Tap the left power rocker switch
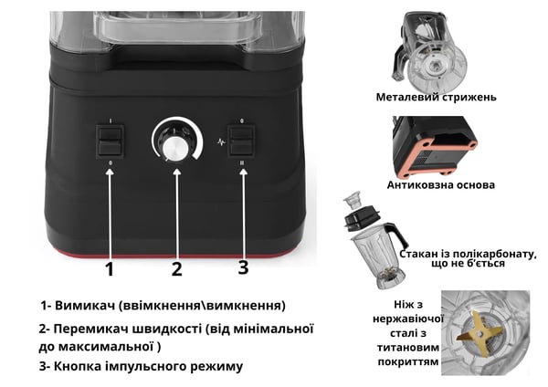pyautogui.click(x=110, y=141)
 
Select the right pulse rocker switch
pyautogui.click(x=241, y=141)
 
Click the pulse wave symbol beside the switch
pyautogui.click(x=220, y=142)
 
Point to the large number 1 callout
pyautogui.click(x=110, y=269)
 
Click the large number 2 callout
pyautogui.click(x=176, y=269)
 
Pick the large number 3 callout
pyautogui.click(x=243, y=267)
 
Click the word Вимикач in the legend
pyautogui.click(x=85, y=306)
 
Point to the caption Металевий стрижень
pyautogui.click(x=437, y=97)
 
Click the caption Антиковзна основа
pyautogui.click(x=441, y=184)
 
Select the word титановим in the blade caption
pyautogui.click(x=408, y=348)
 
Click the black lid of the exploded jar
pyautogui.click(x=362, y=217)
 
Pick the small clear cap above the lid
pyautogui.click(x=352, y=200)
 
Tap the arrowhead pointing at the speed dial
pyautogui.click(x=177, y=172)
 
